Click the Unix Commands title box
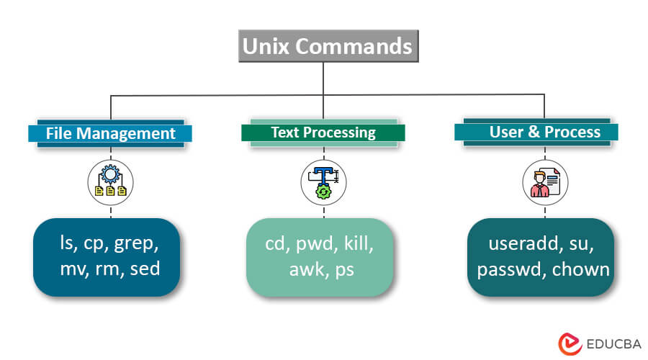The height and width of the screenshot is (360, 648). pos(327,47)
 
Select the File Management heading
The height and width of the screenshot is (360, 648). pos(110,133)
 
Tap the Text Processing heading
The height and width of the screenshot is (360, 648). pos(323,132)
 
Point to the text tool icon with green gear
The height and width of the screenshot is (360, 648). pos(323,182)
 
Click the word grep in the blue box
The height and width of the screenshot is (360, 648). pos(136,244)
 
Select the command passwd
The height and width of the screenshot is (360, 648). pos(508,270)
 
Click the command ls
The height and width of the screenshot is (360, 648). pos(68,244)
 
